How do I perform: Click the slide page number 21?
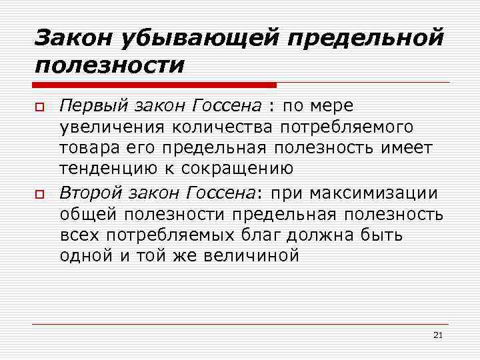(x=437, y=335)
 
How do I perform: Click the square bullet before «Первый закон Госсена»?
(x=39, y=107)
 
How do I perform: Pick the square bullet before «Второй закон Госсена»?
(x=39, y=195)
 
